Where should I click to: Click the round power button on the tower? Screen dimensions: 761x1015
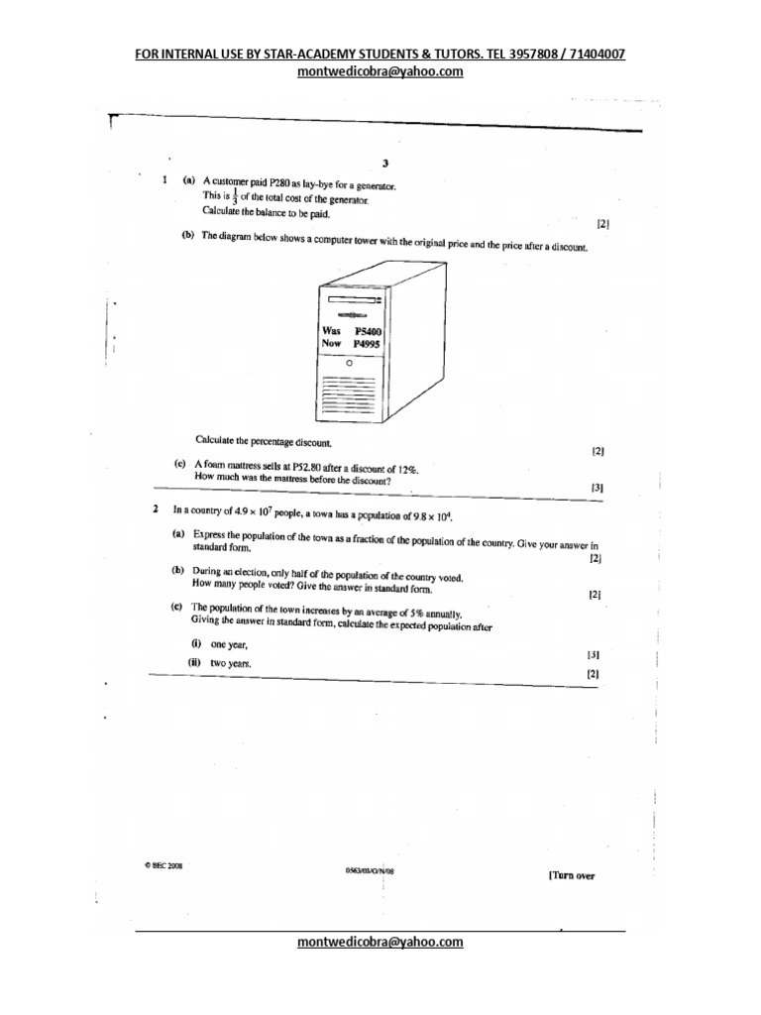(348, 363)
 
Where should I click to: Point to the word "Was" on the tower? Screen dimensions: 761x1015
(331, 330)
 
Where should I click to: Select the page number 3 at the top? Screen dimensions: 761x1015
(384, 165)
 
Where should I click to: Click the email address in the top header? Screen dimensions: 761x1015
(380, 72)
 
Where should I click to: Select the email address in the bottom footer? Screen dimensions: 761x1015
(380, 943)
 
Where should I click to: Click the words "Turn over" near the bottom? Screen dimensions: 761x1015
(572, 875)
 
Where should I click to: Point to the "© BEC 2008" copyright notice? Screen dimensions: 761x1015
(163, 864)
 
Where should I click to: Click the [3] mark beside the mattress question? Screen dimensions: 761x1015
(597, 488)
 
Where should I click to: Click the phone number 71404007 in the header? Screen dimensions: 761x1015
(593, 55)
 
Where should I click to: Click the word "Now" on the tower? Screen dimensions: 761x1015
(331, 344)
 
